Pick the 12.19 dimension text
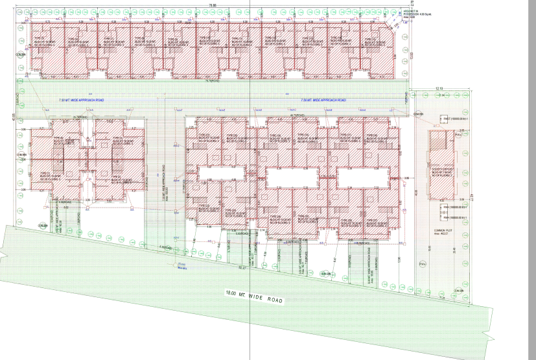click(x=439, y=88)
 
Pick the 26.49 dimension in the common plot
click(x=454, y=250)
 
